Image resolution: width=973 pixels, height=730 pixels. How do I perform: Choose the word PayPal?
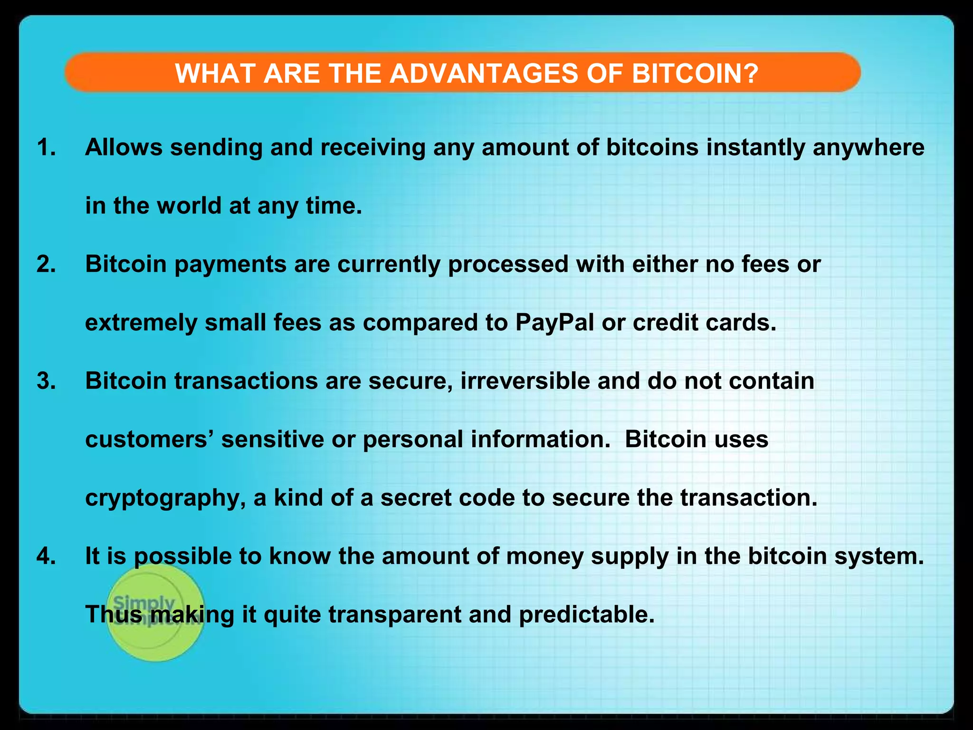tap(554, 323)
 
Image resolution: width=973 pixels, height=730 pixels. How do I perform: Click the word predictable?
tap(586, 615)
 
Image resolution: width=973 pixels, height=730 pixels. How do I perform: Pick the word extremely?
tap(141, 323)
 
